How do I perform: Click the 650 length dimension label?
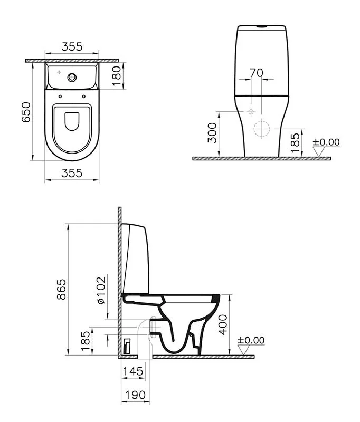[26, 112]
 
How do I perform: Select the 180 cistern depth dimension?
[117, 76]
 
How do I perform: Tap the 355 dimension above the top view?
[72, 47]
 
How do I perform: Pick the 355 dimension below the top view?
[72, 174]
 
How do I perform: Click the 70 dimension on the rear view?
[256, 73]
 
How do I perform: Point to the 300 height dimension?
[212, 133]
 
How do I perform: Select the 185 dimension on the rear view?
[295, 142]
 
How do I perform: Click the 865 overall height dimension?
[62, 289]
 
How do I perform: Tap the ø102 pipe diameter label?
[101, 291]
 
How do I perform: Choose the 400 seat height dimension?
[223, 325]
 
